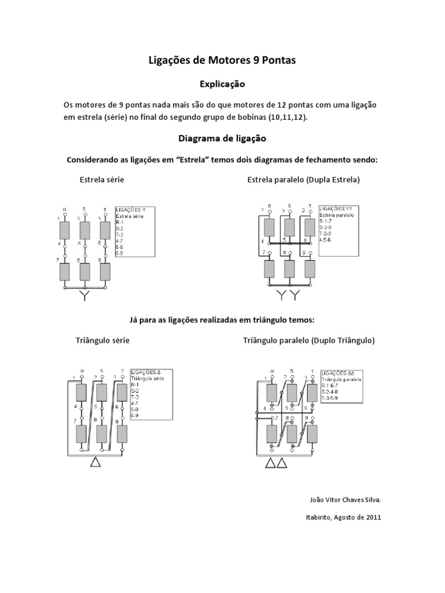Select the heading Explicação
pyautogui.click(x=222, y=85)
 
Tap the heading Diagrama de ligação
pyautogui.click(x=222, y=139)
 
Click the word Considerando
pyautogui.click(x=95, y=159)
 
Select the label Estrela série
pyautogui.click(x=102, y=180)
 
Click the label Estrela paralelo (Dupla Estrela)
pyautogui.click(x=304, y=180)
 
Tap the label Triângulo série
pyautogui.click(x=103, y=341)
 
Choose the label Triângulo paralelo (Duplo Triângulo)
pyautogui.click(x=309, y=341)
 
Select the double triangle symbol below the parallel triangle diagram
pyautogui.click(x=276, y=463)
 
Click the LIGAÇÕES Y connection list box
pyautogui.click(x=134, y=232)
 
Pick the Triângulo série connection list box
pyautogui.click(x=149, y=393)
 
